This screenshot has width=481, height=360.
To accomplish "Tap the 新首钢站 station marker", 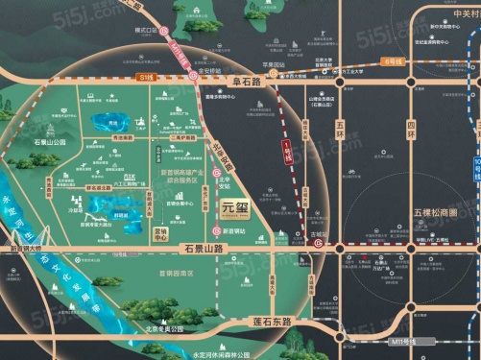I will click(214, 233).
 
